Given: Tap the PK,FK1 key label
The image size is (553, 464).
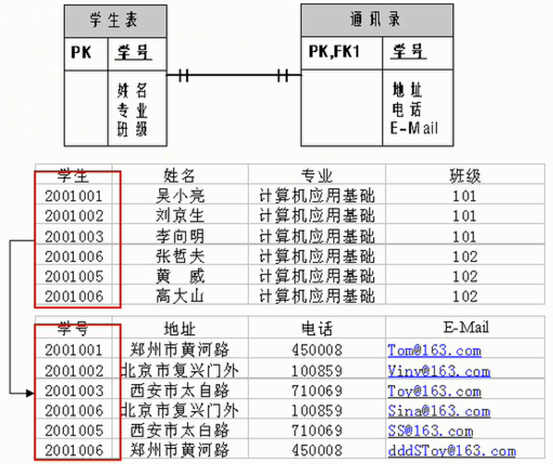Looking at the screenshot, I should pyautogui.click(x=334, y=52).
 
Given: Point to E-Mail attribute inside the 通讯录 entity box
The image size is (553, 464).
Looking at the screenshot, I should pyautogui.click(x=414, y=128).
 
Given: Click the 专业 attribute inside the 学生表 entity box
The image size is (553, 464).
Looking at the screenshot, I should pyautogui.click(x=132, y=110).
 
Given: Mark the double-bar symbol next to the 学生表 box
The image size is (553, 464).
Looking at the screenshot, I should pyautogui.click(x=183, y=76).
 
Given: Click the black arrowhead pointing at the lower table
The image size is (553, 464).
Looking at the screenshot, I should pyautogui.click(x=29, y=394).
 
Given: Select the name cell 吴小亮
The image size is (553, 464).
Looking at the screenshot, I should pyautogui.click(x=180, y=196).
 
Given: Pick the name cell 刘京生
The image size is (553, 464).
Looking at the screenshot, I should pyautogui.click(x=180, y=216).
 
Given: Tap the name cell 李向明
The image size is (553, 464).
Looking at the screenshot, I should pyautogui.click(x=180, y=236).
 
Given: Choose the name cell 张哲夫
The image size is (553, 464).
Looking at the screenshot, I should pyautogui.click(x=180, y=256).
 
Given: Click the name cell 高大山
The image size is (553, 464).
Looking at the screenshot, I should pyautogui.click(x=180, y=296).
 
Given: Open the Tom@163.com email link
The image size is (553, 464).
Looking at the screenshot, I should pyautogui.click(x=434, y=351).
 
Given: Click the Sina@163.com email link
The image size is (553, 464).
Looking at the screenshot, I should pyautogui.click(x=439, y=411).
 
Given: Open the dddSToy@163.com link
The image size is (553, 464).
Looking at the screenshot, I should pyautogui.click(x=452, y=451).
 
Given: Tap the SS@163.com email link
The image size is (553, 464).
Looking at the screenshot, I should pyautogui.click(x=430, y=431).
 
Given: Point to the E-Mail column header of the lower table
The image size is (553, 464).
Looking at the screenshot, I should pyautogui.click(x=466, y=327).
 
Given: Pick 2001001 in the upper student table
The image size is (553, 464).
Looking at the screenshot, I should pyautogui.click(x=74, y=196).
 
